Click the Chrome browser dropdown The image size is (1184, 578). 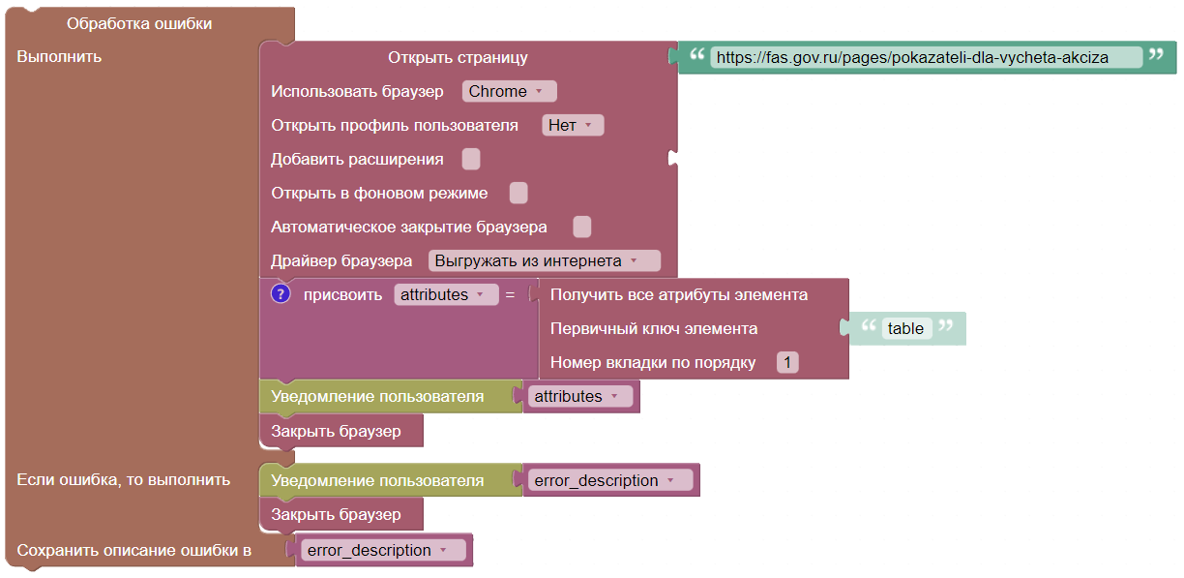(x=509, y=91)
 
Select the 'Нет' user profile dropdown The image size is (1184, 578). (x=573, y=125)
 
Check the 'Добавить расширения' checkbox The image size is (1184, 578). (x=471, y=159)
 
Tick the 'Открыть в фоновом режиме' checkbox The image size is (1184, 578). (x=518, y=193)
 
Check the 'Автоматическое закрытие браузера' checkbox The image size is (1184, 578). (x=582, y=227)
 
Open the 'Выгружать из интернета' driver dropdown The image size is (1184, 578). (x=545, y=260)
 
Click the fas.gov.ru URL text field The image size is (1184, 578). (x=926, y=57)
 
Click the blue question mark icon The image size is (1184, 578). (x=281, y=294)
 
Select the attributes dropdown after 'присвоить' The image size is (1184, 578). (x=446, y=294)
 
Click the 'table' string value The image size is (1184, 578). (x=906, y=328)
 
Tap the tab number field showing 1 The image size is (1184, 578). (x=787, y=362)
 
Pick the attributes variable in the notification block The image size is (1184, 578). (x=580, y=396)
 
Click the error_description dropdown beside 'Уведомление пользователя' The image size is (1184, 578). (x=610, y=480)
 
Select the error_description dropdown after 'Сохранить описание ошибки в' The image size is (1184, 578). (x=383, y=550)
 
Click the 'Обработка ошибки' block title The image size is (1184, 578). (x=139, y=23)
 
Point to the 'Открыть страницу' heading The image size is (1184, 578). (x=458, y=57)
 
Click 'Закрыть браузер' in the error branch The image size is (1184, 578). (x=337, y=514)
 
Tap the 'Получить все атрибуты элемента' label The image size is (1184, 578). (x=679, y=294)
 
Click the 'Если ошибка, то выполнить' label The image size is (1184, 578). (x=124, y=479)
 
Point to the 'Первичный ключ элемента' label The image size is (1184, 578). (x=654, y=328)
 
